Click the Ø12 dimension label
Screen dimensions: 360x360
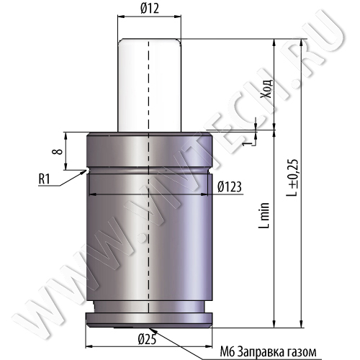click(150, 9)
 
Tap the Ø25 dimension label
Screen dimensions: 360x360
click(147, 339)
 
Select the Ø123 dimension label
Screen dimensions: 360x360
click(230, 186)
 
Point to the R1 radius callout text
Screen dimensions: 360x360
click(44, 179)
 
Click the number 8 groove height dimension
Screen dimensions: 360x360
click(58, 151)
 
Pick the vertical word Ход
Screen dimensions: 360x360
click(268, 88)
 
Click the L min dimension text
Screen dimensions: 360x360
click(264, 215)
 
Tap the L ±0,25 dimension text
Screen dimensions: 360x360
click(293, 178)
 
